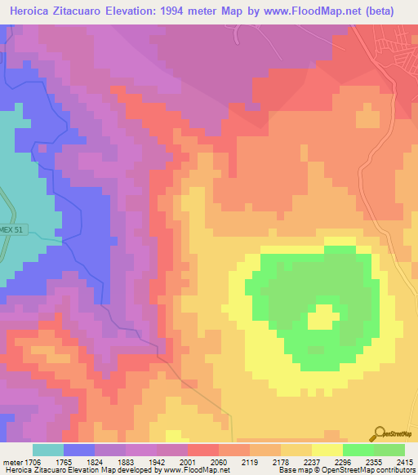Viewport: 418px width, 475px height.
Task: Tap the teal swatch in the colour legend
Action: [x=48, y=449]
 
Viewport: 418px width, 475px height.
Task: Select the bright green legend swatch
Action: [x=358, y=449]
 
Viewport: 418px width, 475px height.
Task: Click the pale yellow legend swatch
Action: [x=327, y=449]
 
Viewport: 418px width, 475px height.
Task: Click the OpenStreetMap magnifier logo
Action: [x=379, y=434]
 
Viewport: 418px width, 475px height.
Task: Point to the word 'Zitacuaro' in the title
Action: [x=89, y=11]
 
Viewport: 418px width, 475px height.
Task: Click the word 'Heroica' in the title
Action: [x=30, y=11]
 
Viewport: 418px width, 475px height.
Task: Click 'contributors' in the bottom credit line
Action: [x=394, y=470]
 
